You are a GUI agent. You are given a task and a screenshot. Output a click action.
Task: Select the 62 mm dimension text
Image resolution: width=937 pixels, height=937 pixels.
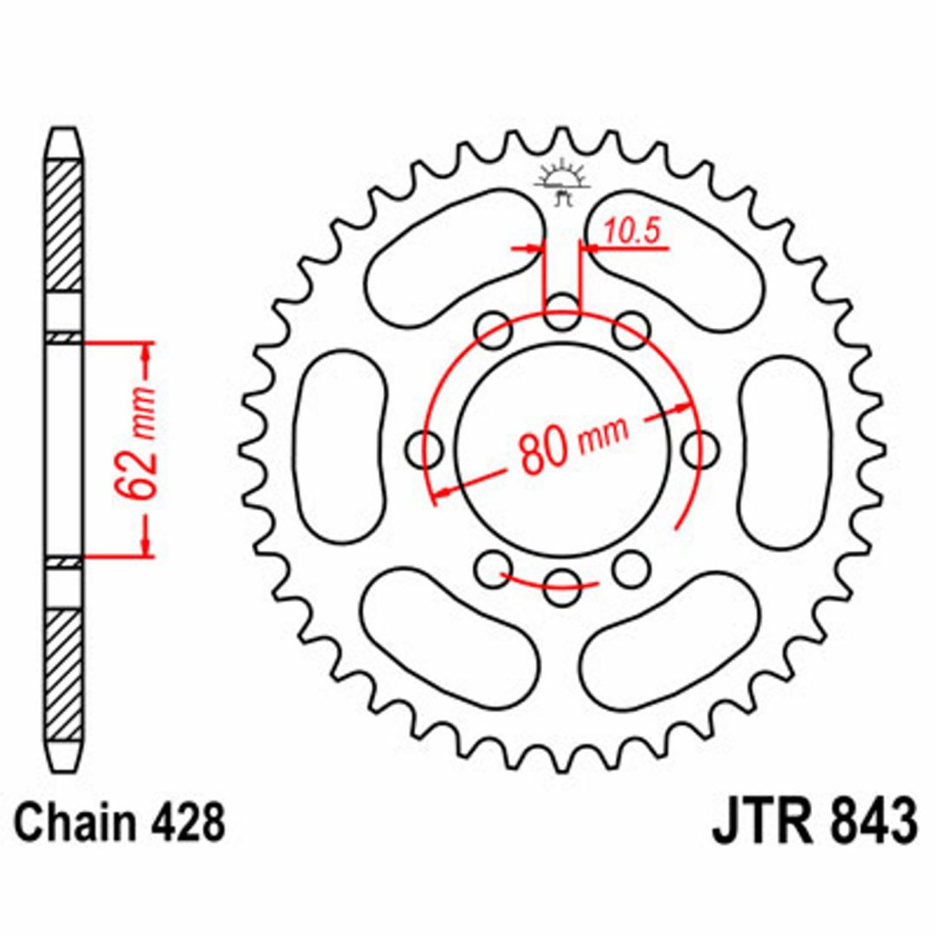click(x=135, y=442)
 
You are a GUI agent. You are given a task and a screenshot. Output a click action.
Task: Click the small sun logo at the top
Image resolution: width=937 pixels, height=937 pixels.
click(x=562, y=182)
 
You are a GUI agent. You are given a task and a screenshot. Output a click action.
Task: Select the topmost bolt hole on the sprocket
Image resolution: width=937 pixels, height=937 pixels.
click(x=562, y=312)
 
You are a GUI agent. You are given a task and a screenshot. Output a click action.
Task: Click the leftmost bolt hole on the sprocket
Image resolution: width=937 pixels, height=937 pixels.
click(x=424, y=449)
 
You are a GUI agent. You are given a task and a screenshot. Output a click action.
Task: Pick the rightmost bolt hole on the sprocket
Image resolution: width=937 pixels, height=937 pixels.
click(x=700, y=449)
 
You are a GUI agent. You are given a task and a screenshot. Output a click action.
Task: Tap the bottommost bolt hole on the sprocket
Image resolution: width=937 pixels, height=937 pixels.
click(x=562, y=587)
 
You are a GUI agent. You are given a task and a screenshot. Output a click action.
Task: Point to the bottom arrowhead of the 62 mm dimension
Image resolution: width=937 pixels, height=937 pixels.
click(x=145, y=545)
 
